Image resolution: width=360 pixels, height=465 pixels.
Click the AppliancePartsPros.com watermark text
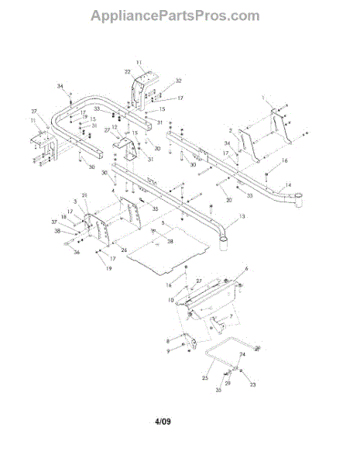point(175,15)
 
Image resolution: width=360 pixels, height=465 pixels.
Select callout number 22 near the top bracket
point(128,71)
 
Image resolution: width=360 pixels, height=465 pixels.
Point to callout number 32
point(178,81)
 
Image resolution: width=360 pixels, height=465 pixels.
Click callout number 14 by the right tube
point(287,185)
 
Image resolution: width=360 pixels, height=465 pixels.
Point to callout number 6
point(246,268)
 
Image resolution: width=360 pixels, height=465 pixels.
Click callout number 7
point(231,318)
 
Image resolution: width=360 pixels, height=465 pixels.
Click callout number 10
point(171,299)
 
